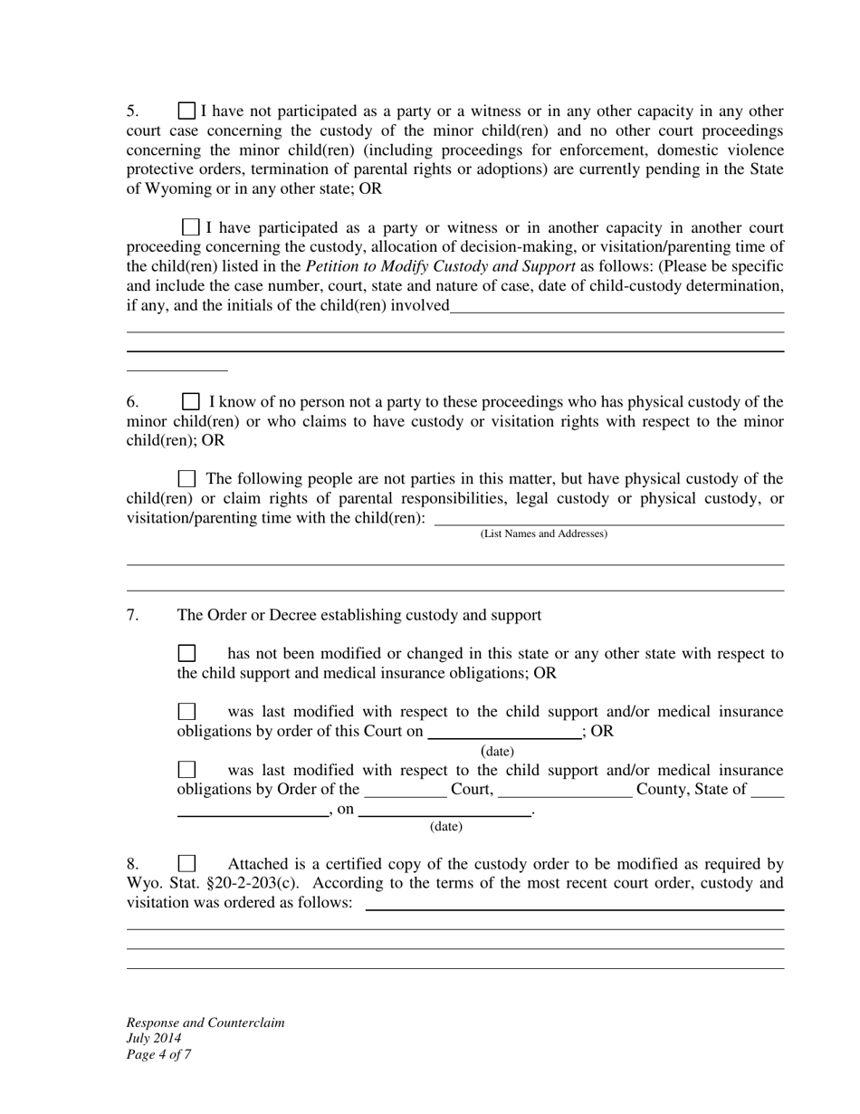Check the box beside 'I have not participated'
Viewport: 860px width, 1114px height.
(186, 111)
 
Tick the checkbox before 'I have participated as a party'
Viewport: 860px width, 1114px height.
(190, 227)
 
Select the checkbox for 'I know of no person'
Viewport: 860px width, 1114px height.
(191, 401)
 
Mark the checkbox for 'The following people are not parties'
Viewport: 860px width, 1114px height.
(186, 478)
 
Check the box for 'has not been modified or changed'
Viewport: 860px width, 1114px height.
(186, 653)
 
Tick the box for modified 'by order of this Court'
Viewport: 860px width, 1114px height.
(186, 712)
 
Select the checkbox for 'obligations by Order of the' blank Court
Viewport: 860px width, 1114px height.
(186, 770)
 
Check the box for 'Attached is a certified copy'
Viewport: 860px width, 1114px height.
(186, 864)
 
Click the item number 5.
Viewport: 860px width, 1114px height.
(132, 111)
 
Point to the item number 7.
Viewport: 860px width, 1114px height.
(132, 615)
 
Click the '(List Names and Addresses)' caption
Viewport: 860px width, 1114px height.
(543, 533)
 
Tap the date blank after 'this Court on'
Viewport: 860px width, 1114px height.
(504, 733)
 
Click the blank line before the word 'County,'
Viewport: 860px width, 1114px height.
(565, 791)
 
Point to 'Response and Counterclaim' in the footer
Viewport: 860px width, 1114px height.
(205, 1023)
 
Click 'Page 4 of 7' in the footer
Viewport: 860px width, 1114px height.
(158, 1054)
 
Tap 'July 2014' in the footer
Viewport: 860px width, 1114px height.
(154, 1038)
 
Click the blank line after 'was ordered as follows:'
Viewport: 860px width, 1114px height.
(574, 904)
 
